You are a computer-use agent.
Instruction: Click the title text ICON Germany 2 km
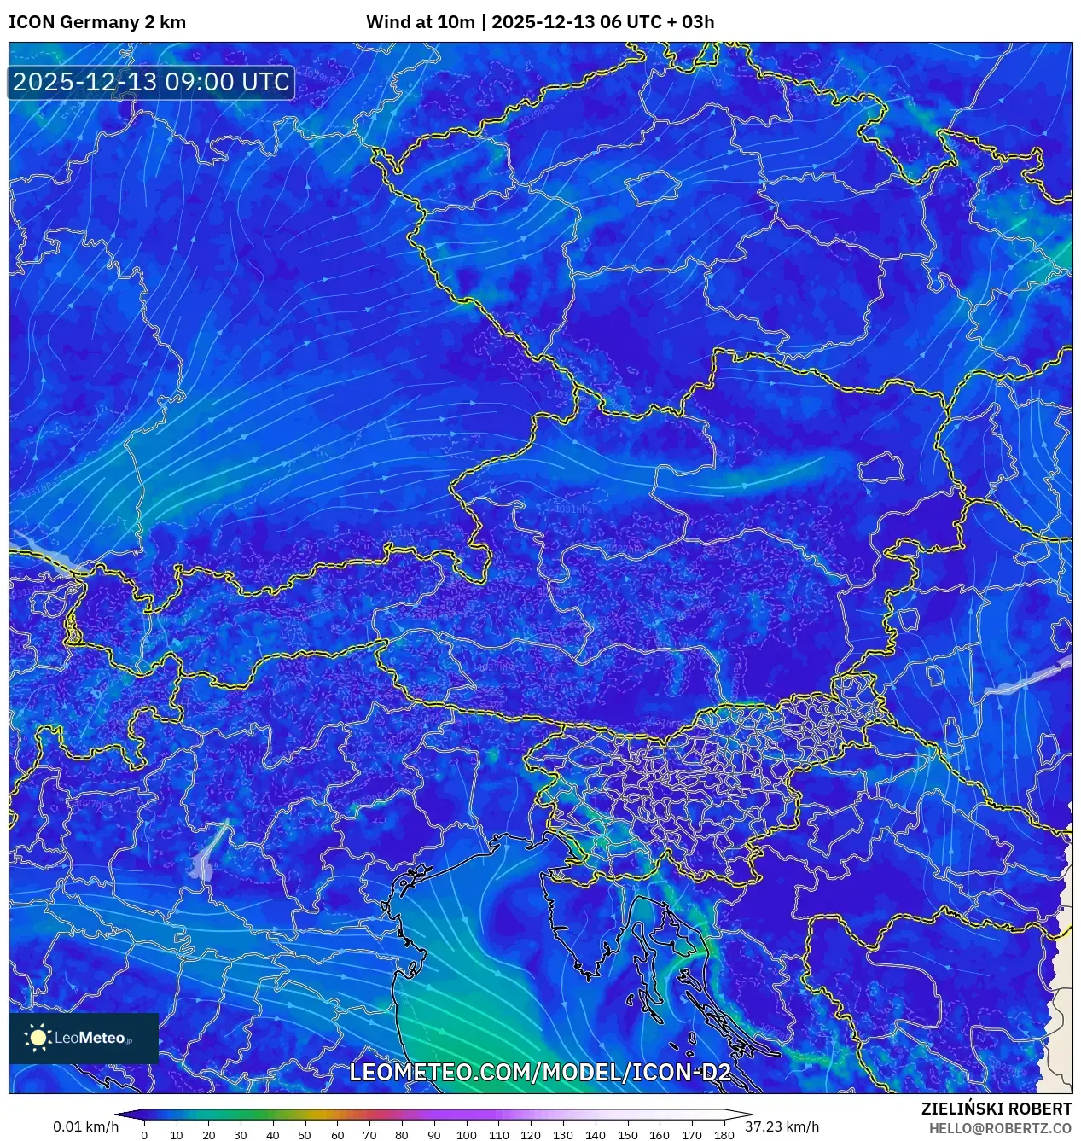point(97,22)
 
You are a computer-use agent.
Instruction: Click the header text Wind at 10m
point(420,22)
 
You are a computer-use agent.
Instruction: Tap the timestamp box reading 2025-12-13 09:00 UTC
point(151,82)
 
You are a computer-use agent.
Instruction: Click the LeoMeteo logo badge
point(84,1038)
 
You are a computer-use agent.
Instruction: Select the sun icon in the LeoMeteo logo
point(38,1038)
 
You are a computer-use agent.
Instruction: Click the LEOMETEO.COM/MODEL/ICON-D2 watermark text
point(540,1072)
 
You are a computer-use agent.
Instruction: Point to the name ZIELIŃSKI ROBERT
point(996,1109)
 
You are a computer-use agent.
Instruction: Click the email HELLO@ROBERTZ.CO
point(1000,1127)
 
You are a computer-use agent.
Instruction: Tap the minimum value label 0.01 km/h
point(85,1126)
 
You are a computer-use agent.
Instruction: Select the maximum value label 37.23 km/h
point(782,1126)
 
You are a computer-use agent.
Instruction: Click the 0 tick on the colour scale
point(144,1135)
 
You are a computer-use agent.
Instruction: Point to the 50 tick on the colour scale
point(305,1135)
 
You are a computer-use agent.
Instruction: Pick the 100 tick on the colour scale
point(466,1135)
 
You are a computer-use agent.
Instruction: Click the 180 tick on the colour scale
point(724,1135)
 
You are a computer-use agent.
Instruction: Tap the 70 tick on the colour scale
point(369,1135)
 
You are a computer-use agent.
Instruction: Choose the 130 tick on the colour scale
point(562,1135)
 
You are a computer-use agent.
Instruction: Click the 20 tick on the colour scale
point(208,1135)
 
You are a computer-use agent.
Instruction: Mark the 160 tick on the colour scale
point(660,1135)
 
